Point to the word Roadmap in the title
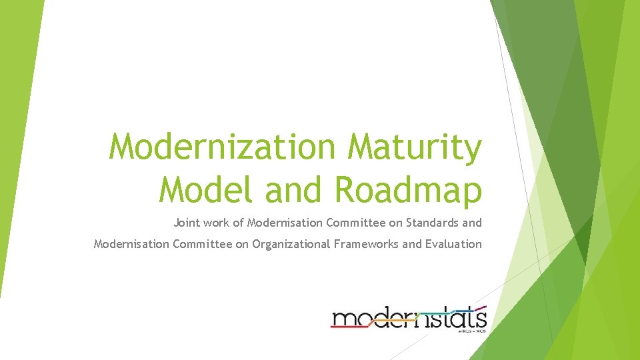[408, 191]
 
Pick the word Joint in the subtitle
[187, 222]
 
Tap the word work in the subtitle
[216, 222]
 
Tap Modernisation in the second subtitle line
[131, 244]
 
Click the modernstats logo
[409, 317]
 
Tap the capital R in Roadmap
[345, 189]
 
